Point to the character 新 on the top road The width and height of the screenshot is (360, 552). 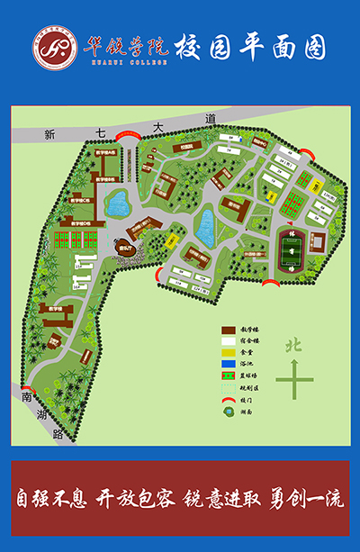tap(49, 134)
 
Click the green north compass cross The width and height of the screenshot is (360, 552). tap(294, 377)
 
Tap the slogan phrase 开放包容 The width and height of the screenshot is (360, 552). tap(133, 498)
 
